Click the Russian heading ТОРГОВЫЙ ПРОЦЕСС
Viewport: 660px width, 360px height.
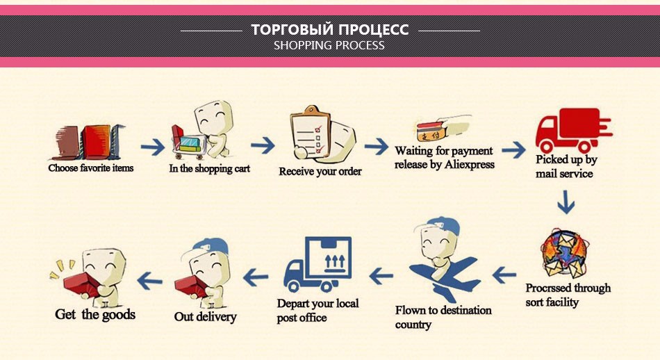(x=330, y=29)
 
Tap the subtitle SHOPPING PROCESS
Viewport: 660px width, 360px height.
(x=329, y=45)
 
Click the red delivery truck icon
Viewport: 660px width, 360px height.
(x=573, y=131)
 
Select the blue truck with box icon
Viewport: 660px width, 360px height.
(x=317, y=264)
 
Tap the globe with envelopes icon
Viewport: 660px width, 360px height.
(x=563, y=252)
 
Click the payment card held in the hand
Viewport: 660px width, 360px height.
(x=431, y=131)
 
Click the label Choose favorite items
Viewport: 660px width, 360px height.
(x=90, y=168)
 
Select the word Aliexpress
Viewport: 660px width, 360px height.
(x=470, y=165)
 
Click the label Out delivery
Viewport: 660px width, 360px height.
(x=206, y=317)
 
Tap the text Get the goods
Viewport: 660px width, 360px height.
(x=95, y=315)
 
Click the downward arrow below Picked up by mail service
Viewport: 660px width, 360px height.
(x=566, y=202)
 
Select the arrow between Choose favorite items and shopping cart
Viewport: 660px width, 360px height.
(x=153, y=147)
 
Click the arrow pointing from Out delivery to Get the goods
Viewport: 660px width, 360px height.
(x=150, y=280)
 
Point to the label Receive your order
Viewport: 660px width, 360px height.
(x=320, y=172)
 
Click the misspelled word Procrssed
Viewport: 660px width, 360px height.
(x=547, y=288)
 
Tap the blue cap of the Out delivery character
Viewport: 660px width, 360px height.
(x=211, y=245)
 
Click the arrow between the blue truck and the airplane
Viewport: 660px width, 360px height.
(x=381, y=276)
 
